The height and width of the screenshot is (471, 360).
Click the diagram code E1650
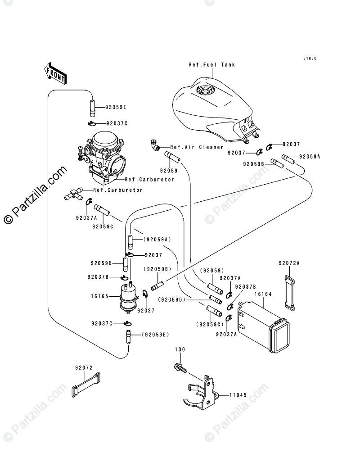coord(310,59)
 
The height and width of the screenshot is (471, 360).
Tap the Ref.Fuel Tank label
coord(212,65)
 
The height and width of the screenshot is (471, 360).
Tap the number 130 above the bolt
coord(180,349)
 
